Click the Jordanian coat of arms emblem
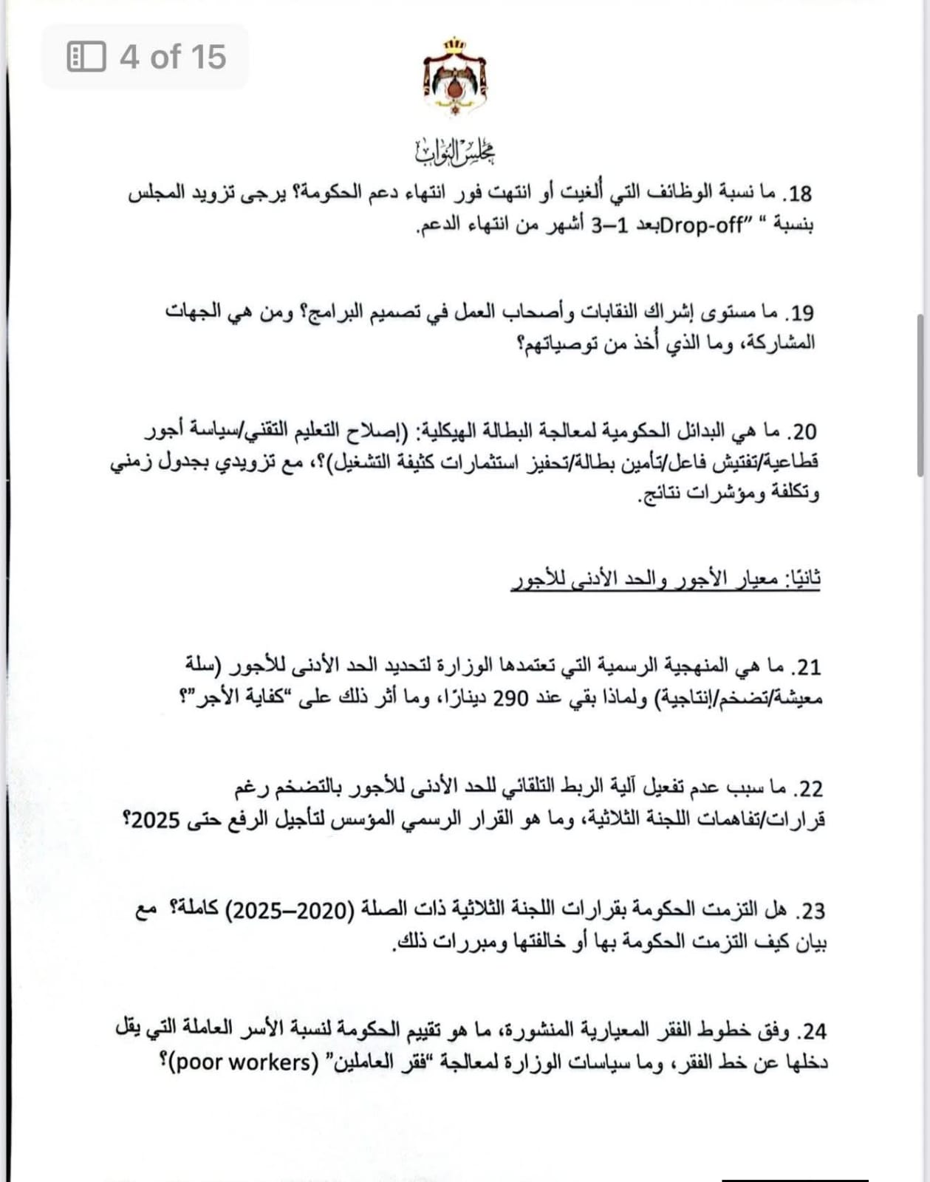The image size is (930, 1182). tap(455, 76)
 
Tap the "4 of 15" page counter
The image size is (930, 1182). tap(172, 57)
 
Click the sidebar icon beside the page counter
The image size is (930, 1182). tap(86, 57)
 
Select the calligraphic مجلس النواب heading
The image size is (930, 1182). tap(455, 151)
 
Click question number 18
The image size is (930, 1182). tap(799, 194)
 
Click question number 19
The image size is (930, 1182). tap(799, 313)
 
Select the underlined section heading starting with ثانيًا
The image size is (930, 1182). tap(666, 579)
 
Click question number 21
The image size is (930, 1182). tap(806, 668)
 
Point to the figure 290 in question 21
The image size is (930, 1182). tap(510, 698)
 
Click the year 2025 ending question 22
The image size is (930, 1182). tap(154, 820)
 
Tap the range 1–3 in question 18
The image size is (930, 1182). tap(610, 225)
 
